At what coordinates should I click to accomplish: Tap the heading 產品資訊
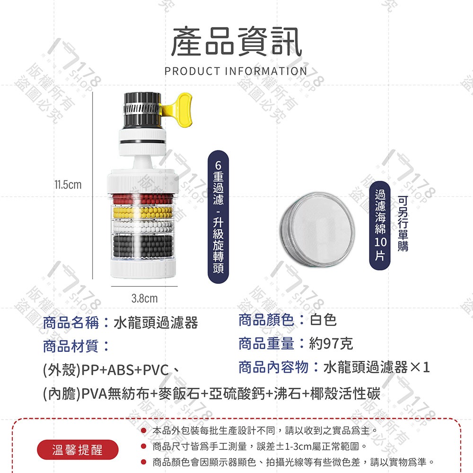tap(236, 42)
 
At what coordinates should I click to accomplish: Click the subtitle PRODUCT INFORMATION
tap(236, 71)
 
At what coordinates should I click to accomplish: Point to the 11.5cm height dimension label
tap(67, 184)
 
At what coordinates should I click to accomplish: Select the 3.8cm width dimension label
tap(144, 299)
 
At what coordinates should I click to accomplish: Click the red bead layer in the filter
tap(144, 197)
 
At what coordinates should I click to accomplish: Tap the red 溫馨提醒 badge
tap(78, 449)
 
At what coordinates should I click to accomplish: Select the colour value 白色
tap(323, 320)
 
